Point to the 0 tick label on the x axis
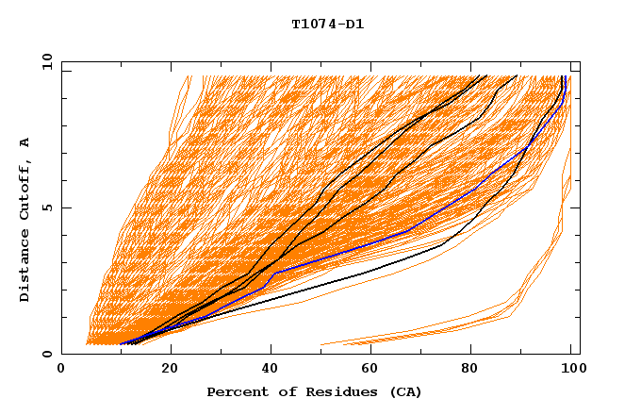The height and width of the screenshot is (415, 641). pyautogui.click(x=61, y=370)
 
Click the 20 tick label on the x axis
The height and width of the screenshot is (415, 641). pyautogui.click(x=170, y=370)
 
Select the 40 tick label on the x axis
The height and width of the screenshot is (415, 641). pyautogui.click(x=271, y=370)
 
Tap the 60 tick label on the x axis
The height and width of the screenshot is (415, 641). pyautogui.click(x=373, y=370)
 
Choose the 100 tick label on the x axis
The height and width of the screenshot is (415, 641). pyautogui.click(x=570, y=370)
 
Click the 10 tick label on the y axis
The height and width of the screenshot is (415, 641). pyautogui.click(x=46, y=61)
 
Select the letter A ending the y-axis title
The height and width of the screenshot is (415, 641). pyautogui.click(x=25, y=142)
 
